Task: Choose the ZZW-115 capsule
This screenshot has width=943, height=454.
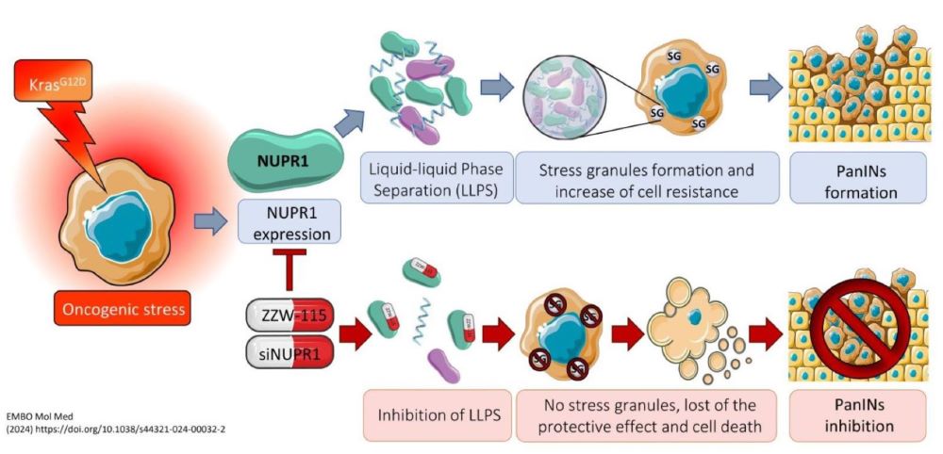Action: coord(288,315)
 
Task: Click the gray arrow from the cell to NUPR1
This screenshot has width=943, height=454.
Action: coord(210,224)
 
